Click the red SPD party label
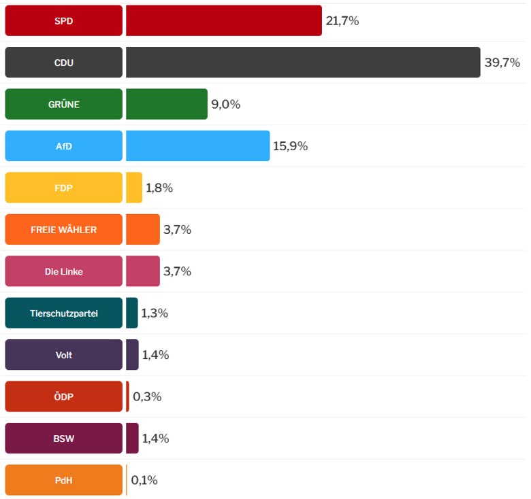click(63, 21)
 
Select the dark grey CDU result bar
click(303, 63)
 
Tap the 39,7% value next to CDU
click(502, 63)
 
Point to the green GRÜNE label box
click(63, 104)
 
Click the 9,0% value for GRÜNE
click(225, 104)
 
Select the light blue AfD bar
click(197, 146)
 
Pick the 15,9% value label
click(290, 146)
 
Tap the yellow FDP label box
click(63, 188)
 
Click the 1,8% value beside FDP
click(159, 188)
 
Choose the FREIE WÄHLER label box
click(63, 230)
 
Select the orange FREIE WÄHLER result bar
click(143, 230)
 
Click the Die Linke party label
click(63, 271)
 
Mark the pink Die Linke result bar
click(143, 271)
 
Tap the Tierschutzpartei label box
click(63, 313)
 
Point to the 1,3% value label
click(155, 313)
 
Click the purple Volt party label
click(63, 355)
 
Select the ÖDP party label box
click(63, 396)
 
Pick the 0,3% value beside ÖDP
click(147, 396)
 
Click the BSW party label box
click(63, 438)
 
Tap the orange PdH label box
click(63, 480)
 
